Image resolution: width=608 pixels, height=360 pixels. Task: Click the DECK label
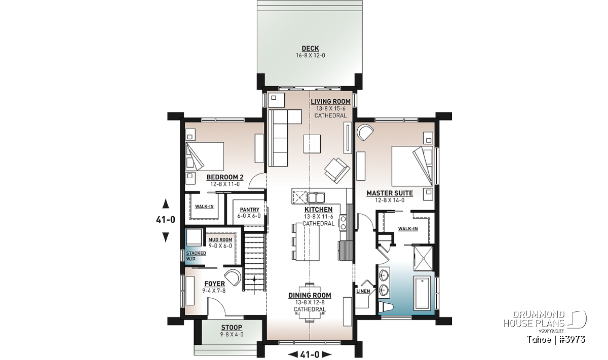310,48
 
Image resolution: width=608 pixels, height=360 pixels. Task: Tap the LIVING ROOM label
330,101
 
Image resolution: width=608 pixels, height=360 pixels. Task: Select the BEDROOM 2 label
225,177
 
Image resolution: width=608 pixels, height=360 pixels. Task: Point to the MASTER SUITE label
390,193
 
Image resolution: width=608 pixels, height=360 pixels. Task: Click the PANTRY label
249,210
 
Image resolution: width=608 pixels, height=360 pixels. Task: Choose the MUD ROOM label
220,240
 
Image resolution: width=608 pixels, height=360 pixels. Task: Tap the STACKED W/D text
196,256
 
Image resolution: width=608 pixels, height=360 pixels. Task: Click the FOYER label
214,284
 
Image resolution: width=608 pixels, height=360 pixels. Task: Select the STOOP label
232,328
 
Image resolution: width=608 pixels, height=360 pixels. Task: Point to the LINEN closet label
363,291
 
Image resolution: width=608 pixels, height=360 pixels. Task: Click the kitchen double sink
316,198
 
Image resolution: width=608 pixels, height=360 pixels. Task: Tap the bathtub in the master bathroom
422,293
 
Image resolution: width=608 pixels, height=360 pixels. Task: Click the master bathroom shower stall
424,259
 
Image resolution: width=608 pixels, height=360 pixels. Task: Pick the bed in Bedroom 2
205,156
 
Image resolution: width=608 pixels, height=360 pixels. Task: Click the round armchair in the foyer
233,277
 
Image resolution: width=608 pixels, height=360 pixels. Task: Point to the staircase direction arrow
254,285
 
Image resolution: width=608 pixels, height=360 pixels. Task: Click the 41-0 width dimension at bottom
310,354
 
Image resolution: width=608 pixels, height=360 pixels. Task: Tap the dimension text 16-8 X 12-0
310,56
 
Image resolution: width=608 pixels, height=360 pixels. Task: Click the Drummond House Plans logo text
534,319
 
